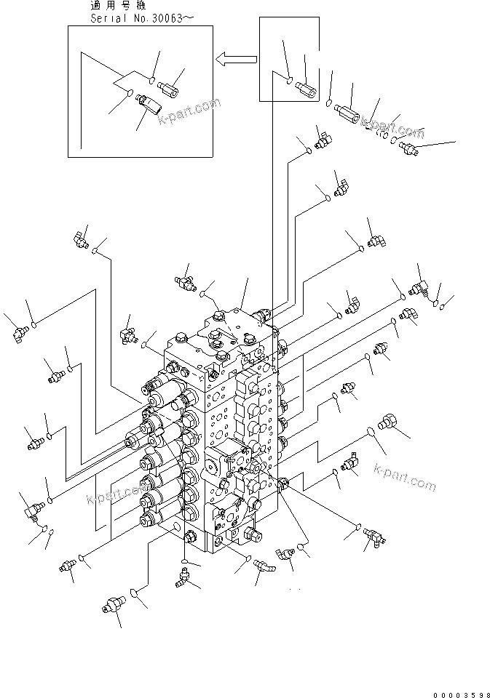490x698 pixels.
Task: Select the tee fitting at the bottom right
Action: (x=377, y=538)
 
